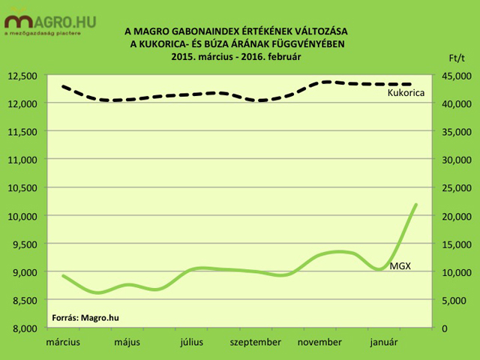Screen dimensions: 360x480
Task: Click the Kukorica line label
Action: click(406, 93)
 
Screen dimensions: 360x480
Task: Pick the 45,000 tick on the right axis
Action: click(454, 75)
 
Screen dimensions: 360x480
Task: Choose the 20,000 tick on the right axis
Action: click(454, 216)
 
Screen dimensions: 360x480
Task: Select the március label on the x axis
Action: click(63, 343)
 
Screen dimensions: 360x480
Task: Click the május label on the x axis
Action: click(128, 343)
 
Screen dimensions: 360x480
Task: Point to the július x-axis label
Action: click(193, 343)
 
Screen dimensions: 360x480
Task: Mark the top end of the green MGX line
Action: click(416, 204)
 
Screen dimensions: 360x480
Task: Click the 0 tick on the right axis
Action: click(444, 328)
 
